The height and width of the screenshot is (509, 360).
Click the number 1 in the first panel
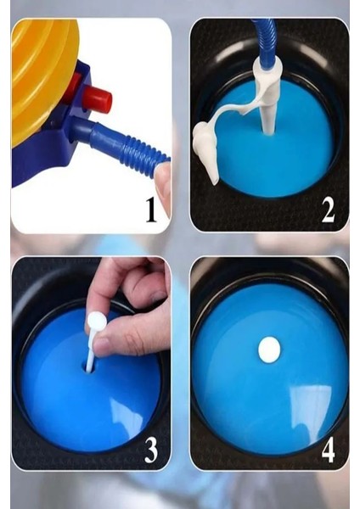[x=151, y=210]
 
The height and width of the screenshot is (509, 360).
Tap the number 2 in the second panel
[x=328, y=210]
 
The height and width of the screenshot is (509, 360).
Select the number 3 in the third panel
[x=151, y=450]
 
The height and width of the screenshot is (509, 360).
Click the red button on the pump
[x=97, y=99]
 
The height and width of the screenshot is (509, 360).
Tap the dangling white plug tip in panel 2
[x=206, y=153]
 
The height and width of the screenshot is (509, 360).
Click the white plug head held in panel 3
[x=97, y=322]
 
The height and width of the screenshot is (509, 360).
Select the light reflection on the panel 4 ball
[x=310, y=409]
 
